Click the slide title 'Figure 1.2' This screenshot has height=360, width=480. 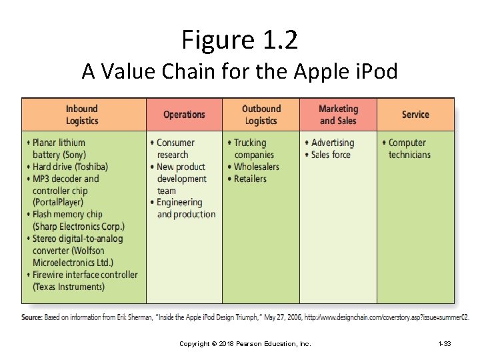click(x=239, y=40)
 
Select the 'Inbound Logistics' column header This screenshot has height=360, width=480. click(x=82, y=115)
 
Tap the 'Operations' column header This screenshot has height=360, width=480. click(x=184, y=115)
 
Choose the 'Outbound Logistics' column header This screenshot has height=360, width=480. click(x=261, y=115)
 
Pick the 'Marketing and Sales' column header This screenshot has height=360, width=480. click(x=338, y=115)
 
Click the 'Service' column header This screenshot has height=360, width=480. click(x=415, y=115)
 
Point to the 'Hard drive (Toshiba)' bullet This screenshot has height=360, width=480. click(x=70, y=167)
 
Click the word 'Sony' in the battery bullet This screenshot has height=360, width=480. click(x=73, y=155)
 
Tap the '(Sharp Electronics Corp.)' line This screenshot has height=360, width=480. click(x=78, y=227)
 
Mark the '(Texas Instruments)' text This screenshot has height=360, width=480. click(x=69, y=287)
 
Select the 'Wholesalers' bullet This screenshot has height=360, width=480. click(x=256, y=167)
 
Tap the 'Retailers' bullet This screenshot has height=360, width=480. click(x=250, y=179)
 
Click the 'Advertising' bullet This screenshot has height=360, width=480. click(x=332, y=143)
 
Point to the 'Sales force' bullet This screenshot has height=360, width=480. click(x=331, y=155)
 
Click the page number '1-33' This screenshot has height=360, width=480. click(x=444, y=343)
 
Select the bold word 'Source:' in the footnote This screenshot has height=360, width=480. click(x=32, y=317)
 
